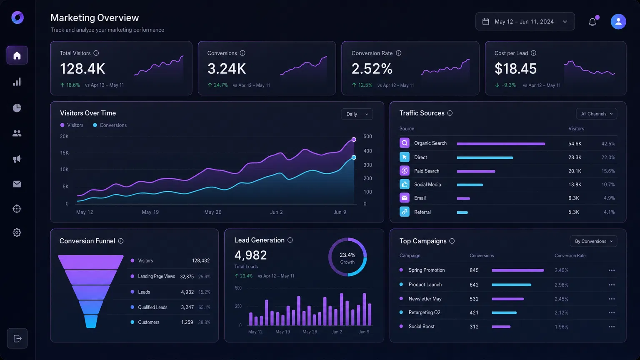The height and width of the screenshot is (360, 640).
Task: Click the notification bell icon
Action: (592, 22)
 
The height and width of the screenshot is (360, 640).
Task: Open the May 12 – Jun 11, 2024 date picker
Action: (525, 22)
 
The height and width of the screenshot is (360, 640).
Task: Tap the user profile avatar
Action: (618, 22)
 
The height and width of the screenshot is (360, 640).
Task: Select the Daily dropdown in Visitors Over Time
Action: (357, 114)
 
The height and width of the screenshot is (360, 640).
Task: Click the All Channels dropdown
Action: (596, 114)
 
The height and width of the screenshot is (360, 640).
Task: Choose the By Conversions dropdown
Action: (593, 241)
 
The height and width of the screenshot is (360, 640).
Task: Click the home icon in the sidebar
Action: (17, 55)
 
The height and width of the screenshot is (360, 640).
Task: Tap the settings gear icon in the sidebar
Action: (17, 232)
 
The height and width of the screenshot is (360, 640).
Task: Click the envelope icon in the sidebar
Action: (17, 184)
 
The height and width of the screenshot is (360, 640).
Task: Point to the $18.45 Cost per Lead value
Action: (515, 69)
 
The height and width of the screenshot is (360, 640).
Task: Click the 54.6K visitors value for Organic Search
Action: (575, 144)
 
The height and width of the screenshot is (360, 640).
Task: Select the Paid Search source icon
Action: (404, 171)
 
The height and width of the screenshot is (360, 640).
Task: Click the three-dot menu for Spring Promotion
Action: (611, 270)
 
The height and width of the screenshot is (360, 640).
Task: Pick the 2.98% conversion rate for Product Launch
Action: (561, 285)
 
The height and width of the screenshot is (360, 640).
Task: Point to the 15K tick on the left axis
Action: (64, 153)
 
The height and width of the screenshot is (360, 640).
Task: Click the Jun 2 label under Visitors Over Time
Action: (276, 212)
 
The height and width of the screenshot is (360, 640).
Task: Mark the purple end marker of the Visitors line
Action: (354, 140)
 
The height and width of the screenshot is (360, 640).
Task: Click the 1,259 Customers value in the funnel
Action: (187, 322)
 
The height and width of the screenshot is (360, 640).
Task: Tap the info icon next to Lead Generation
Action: (290, 240)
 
